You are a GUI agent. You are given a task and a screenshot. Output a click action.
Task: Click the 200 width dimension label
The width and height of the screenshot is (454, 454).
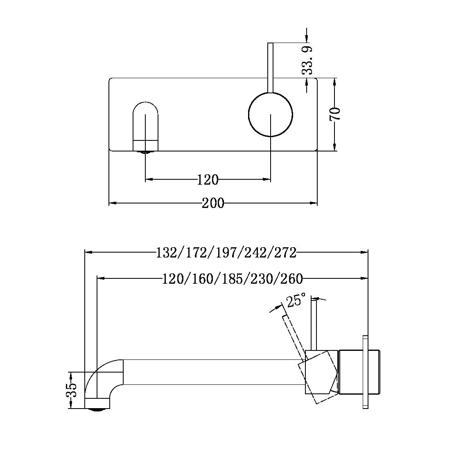click(x=213, y=203)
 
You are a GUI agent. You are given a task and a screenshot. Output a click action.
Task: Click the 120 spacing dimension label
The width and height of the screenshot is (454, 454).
click(x=208, y=179)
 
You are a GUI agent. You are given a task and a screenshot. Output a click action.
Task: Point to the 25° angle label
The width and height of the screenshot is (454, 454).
click(x=296, y=301)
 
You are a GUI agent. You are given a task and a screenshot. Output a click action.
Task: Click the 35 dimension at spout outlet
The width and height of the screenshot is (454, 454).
click(x=71, y=390)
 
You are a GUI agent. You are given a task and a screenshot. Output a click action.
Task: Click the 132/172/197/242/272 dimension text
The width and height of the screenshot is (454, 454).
click(x=226, y=253)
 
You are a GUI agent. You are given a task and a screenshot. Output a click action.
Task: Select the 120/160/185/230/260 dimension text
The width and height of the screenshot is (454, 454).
click(x=232, y=279)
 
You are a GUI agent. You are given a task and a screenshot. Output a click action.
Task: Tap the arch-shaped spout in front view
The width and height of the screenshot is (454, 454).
click(x=145, y=125)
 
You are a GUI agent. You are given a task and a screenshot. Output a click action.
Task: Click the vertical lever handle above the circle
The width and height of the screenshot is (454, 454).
click(x=270, y=68)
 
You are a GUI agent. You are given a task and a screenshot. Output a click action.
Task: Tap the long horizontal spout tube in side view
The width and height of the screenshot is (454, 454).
click(x=213, y=372)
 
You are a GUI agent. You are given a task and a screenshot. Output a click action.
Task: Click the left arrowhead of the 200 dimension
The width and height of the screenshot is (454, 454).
click(x=112, y=203)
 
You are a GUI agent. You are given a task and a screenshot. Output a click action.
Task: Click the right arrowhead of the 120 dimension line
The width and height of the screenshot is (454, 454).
click(x=268, y=179)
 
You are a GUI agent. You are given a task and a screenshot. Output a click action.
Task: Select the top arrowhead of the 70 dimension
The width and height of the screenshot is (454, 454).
click(x=335, y=81)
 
